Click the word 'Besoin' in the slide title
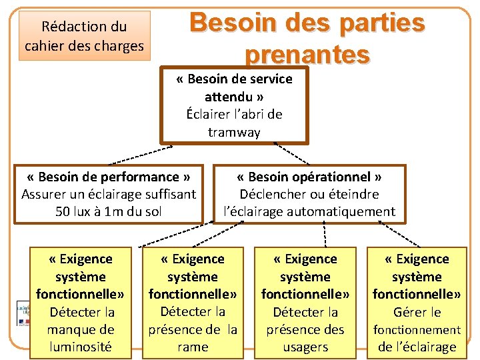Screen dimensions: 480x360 (x=224, y=23)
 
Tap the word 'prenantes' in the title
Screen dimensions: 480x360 (x=307, y=53)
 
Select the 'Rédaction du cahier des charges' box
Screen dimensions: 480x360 (x=84, y=36)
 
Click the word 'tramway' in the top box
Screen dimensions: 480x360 (x=234, y=132)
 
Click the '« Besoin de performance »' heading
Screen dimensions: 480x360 (x=109, y=177)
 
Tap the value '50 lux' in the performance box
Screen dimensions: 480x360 (x=74, y=212)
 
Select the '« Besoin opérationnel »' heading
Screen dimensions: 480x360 (x=309, y=177)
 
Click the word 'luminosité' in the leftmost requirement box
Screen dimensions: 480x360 (x=81, y=347)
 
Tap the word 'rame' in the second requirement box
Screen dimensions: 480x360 (x=193, y=347)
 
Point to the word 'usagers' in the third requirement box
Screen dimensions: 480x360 (x=305, y=347)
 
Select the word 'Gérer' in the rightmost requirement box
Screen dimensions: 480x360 (x=407, y=312)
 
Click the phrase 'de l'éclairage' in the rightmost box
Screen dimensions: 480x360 (x=417, y=347)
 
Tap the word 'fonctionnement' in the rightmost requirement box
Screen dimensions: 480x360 (x=417, y=329)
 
